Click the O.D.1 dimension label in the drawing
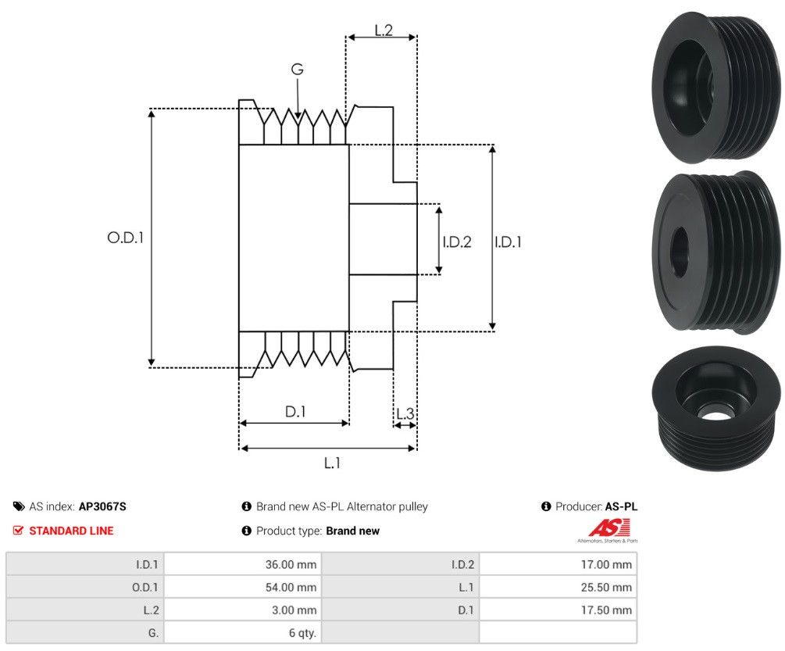point(125,238)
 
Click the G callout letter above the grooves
point(298,69)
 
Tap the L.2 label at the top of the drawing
point(384,30)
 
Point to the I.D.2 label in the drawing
point(457,241)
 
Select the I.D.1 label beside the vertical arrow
point(508,241)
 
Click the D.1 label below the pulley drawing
point(295,412)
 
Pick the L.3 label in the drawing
point(405,413)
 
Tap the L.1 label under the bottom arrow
point(332,463)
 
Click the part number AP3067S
point(102,506)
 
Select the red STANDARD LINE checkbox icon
point(18,531)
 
